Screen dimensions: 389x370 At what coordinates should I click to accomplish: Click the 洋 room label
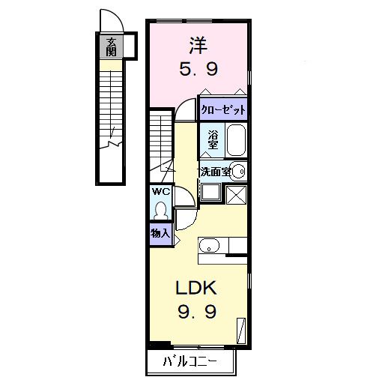pyautogui.click(x=198, y=46)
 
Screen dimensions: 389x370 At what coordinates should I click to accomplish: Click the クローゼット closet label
pyautogui.click(x=223, y=109)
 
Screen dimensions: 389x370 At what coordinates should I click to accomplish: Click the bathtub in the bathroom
pyautogui.click(x=236, y=140)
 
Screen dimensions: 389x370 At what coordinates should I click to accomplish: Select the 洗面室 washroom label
pyautogui.click(x=213, y=172)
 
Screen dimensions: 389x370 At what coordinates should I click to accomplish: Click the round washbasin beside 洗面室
pyautogui.click(x=239, y=172)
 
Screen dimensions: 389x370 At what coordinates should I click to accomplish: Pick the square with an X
pyautogui.click(x=237, y=193)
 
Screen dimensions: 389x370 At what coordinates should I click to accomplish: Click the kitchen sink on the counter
pyautogui.click(x=209, y=245)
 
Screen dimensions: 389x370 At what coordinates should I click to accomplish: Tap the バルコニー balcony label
pyautogui.click(x=191, y=364)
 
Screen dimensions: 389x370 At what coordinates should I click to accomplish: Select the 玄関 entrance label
pyautogui.click(x=111, y=46)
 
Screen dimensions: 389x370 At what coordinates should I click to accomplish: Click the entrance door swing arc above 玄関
pyautogui.click(x=108, y=19)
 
